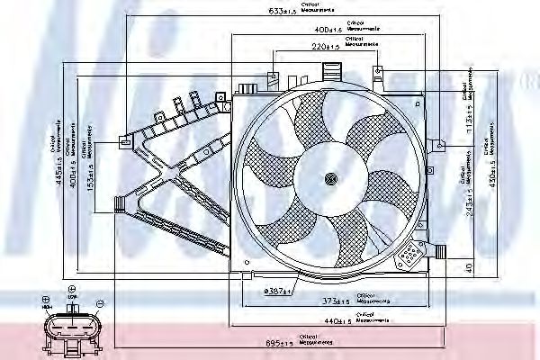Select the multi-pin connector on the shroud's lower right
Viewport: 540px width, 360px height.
409,257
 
